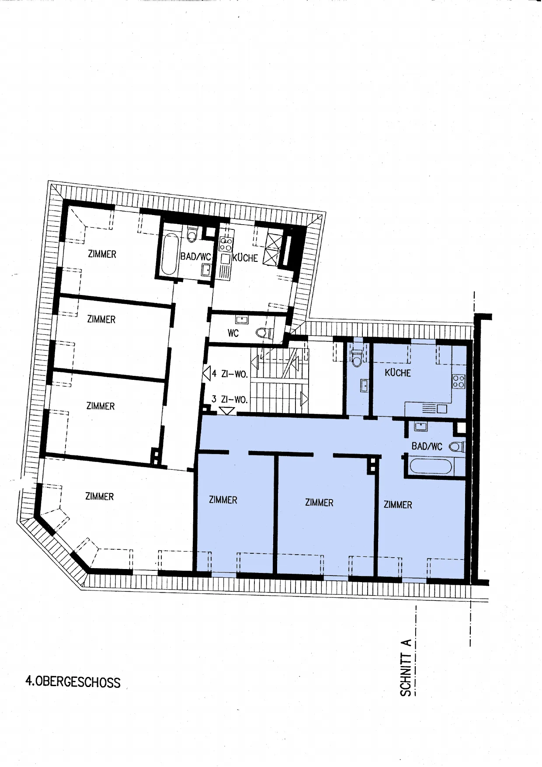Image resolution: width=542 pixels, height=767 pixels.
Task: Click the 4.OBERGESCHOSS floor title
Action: (x=73, y=682)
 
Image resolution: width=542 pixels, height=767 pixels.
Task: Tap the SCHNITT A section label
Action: (x=406, y=667)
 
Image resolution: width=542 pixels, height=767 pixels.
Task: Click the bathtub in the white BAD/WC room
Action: (x=170, y=254)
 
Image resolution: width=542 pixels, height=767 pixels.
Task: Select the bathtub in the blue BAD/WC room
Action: (x=431, y=466)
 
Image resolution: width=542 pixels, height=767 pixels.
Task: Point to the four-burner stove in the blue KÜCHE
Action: (x=459, y=382)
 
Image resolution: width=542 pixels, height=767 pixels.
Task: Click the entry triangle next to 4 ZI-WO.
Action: (x=207, y=374)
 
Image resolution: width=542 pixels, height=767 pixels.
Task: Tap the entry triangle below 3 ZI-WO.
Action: (x=226, y=411)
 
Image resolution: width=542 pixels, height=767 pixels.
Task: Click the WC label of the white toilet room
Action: (x=233, y=333)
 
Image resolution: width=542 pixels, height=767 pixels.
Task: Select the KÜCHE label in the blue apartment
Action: (x=398, y=373)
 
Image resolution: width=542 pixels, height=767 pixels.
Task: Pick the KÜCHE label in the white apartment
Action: (x=245, y=258)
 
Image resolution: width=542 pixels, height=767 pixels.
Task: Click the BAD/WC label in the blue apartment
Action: (x=427, y=446)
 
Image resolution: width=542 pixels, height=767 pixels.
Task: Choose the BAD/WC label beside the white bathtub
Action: (x=196, y=257)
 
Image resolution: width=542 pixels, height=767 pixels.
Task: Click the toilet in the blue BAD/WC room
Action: (x=457, y=447)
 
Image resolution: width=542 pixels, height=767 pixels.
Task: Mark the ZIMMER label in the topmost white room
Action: (x=102, y=254)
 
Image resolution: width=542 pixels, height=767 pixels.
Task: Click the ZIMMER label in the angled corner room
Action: (x=100, y=496)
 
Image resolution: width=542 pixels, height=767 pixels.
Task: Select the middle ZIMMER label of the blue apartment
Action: (x=319, y=503)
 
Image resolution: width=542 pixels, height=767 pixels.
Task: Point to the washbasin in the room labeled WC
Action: (x=242, y=319)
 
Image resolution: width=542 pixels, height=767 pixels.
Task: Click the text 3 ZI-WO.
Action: (x=229, y=399)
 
